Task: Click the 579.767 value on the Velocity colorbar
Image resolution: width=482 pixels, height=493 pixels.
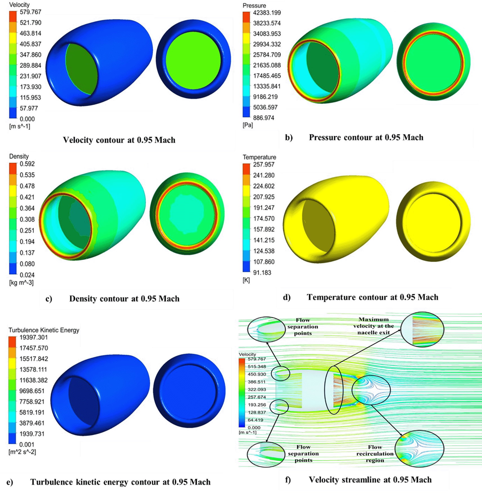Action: (30, 12)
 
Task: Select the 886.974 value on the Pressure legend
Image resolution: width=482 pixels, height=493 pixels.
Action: (263, 118)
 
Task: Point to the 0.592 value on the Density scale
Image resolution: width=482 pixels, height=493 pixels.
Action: (27, 164)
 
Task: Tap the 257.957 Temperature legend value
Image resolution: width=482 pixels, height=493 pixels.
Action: (264, 164)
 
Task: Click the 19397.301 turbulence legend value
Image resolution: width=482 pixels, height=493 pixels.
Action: (33, 337)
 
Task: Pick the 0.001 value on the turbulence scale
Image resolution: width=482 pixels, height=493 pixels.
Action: (26, 444)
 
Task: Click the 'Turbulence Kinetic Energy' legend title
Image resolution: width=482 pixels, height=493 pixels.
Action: (44, 330)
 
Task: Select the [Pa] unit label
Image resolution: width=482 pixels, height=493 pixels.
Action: (248, 125)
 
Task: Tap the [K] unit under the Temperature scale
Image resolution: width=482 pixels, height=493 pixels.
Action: (246, 280)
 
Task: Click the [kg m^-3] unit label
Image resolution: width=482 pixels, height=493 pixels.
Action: (21, 282)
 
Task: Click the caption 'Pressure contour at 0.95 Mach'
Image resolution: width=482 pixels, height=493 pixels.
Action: (366, 137)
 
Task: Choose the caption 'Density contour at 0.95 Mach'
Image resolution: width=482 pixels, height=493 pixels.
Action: (124, 298)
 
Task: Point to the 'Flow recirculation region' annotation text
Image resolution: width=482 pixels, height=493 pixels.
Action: (375, 454)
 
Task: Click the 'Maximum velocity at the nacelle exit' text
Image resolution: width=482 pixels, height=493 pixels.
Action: (373, 326)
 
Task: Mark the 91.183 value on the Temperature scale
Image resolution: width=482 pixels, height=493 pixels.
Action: (262, 273)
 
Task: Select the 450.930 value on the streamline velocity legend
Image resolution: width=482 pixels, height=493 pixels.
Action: (257, 374)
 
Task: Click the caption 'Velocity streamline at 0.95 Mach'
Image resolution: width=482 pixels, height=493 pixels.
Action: (370, 480)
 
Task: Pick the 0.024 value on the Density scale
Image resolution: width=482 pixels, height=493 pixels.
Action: (27, 275)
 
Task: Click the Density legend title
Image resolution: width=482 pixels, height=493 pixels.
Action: (19, 156)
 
